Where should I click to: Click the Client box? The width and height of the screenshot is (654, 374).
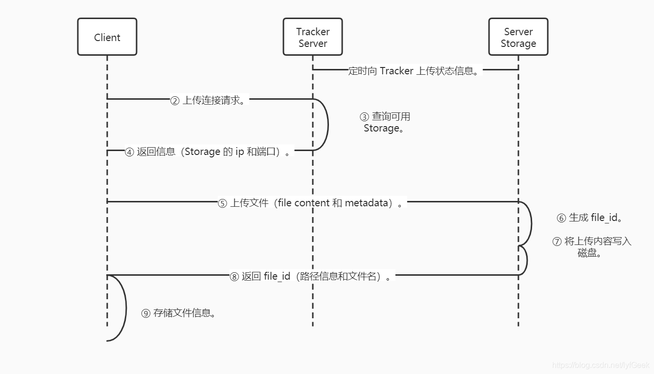pos(107,37)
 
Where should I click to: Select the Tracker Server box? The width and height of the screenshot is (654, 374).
pos(312,37)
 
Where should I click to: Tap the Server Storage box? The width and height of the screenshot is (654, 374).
pos(518,37)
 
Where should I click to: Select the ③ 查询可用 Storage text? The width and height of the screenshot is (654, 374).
pos(385,122)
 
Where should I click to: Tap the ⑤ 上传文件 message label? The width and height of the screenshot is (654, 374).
pos(312,203)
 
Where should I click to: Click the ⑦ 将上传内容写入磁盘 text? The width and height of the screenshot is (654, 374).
pos(591,247)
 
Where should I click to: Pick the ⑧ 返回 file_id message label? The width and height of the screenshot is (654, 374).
pos(311,276)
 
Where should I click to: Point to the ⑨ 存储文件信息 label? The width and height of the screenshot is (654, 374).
pos(179,313)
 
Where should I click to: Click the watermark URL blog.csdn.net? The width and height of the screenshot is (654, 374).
pos(600,365)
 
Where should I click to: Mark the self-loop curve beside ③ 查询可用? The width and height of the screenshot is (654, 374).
pos(327,125)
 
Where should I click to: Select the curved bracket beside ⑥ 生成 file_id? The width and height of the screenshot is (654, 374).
pos(531,223)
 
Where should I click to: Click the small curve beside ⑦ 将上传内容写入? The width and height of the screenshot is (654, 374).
pos(527,261)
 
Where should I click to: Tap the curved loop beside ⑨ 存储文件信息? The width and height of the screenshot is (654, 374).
pos(125,308)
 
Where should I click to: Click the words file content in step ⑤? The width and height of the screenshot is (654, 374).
pos(304,203)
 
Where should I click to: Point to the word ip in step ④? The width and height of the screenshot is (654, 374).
pos(240,152)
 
